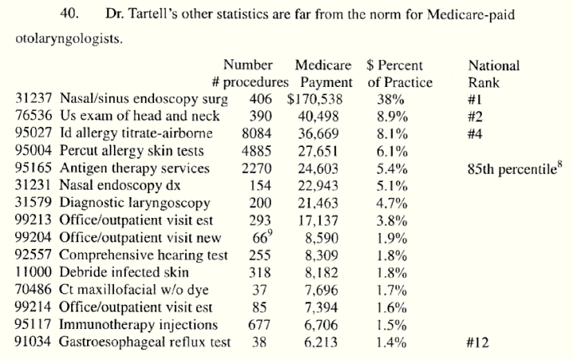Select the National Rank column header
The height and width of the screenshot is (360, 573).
[x=493, y=73]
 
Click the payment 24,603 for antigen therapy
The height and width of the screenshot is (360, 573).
[x=323, y=168]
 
